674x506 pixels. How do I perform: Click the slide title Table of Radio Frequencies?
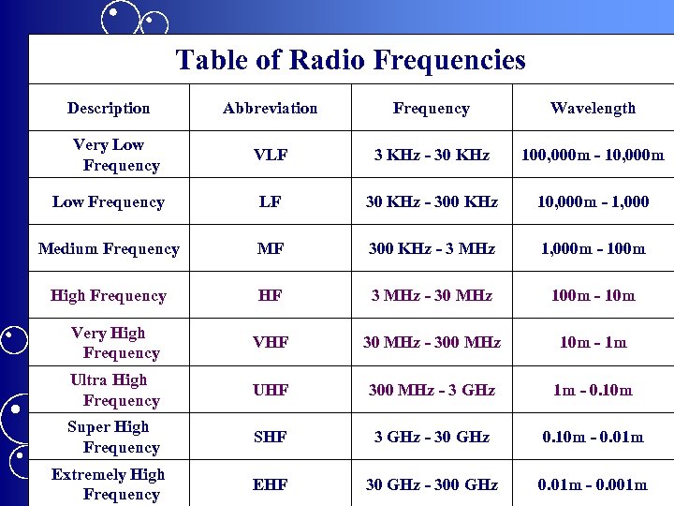(x=350, y=61)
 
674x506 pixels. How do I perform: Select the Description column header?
(x=109, y=109)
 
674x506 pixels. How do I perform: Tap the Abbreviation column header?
(x=270, y=109)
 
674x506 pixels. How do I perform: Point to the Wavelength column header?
(x=593, y=109)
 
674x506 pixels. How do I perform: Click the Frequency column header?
(x=431, y=109)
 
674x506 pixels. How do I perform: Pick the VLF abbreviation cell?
(x=270, y=156)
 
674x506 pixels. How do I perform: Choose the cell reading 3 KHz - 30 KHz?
(x=432, y=156)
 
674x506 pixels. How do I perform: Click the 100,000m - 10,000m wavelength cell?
(x=593, y=156)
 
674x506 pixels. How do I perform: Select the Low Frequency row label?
(x=109, y=202)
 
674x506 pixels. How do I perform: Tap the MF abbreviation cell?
(x=270, y=249)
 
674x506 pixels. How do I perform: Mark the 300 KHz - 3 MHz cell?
(x=432, y=249)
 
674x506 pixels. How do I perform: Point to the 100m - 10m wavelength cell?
(x=593, y=296)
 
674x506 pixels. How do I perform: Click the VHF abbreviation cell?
(x=270, y=343)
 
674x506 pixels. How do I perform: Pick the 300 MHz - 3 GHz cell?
(x=432, y=390)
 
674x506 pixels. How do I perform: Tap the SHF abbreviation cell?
(x=270, y=438)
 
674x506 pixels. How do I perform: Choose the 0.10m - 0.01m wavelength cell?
(x=593, y=438)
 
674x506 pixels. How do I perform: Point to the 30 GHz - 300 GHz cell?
(x=432, y=484)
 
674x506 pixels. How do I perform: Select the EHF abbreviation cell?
(x=270, y=484)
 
